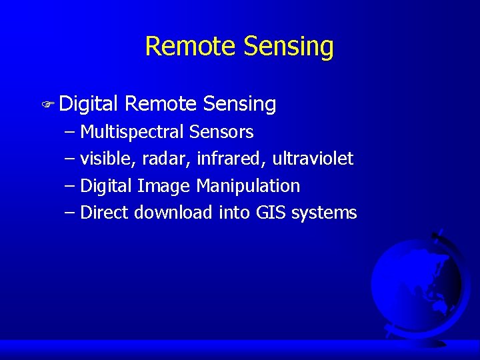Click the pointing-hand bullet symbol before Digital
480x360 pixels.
point(47,105)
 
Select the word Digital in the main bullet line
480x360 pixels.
point(89,104)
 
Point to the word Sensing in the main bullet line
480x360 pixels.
point(239,104)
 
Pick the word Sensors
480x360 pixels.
point(221,132)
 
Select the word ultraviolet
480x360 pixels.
point(313,159)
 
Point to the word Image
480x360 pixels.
point(164,186)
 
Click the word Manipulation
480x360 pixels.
point(248,186)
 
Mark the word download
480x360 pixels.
point(173,213)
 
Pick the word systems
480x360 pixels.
point(325,213)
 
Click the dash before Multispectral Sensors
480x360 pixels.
point(70,132)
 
